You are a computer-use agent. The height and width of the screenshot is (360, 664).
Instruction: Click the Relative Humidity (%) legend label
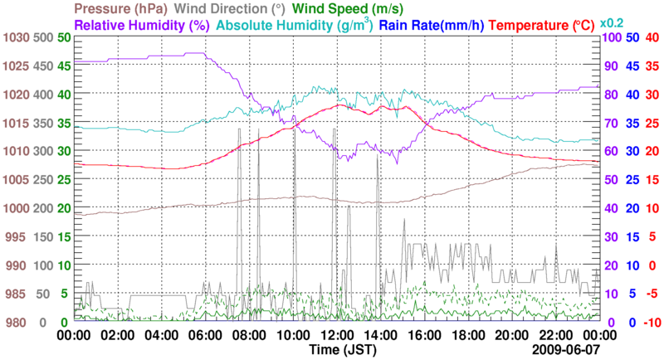[141, 25]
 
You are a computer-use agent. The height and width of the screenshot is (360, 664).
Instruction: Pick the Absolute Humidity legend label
[295, 25]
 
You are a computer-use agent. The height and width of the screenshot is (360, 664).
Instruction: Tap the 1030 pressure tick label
[16, 38]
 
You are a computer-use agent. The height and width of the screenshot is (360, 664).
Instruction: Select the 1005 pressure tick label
[16, 180]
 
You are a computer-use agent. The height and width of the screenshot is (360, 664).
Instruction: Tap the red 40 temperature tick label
[652, 38]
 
